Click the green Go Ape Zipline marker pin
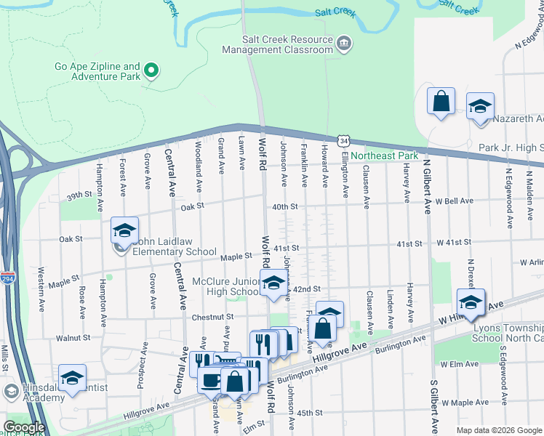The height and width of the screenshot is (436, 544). click(152, 70)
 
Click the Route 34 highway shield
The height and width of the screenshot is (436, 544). click(343, 140)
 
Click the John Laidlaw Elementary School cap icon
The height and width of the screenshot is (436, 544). click(124, 230)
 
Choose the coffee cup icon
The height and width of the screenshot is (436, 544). click(211, 380)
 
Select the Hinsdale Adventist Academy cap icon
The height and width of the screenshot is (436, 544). click(72, 378)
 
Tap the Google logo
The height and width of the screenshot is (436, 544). click(25, 427)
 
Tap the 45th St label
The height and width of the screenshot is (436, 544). click(309, 413)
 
